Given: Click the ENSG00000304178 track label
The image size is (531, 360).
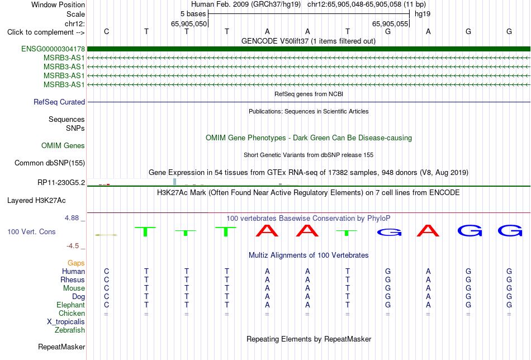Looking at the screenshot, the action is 53,49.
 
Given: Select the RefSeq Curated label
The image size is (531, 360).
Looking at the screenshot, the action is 59,102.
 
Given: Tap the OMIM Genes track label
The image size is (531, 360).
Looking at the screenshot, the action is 63,146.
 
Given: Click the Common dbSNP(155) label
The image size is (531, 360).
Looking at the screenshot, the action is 50,163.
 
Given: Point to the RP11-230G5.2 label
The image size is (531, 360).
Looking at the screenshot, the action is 61,183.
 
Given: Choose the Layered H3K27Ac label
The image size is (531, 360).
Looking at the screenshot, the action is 36,201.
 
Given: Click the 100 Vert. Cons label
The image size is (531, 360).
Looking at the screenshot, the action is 31,231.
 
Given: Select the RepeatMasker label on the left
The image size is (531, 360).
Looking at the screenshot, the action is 61,347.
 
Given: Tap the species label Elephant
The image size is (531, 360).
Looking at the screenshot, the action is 71,305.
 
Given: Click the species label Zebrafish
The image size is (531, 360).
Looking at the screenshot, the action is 70,330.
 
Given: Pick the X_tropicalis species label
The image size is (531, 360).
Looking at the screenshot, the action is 66,322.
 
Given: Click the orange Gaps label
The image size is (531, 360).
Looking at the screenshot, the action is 76,263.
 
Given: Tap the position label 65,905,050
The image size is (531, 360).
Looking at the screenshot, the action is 189,23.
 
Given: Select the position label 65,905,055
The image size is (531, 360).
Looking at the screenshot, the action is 390,23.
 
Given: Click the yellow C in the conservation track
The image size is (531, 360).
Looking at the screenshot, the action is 106,235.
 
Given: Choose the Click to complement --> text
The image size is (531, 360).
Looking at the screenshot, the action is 46,32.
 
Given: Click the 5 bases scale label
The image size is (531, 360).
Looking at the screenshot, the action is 193,14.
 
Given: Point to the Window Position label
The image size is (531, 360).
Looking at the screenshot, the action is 58,4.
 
